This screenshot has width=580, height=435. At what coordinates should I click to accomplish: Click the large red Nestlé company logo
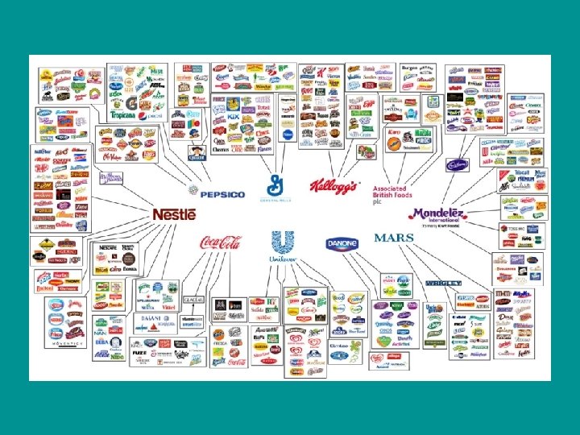(175, 214)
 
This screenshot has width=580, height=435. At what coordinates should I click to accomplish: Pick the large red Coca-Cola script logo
(220, 242)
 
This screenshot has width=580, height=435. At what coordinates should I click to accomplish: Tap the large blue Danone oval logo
(342, 243)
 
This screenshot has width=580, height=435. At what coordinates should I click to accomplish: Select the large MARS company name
(394, 238)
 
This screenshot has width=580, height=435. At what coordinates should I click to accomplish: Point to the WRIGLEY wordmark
(443, 284)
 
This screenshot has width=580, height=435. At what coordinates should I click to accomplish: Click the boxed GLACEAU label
(193, 300)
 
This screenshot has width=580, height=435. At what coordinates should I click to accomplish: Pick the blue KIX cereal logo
(234, 118)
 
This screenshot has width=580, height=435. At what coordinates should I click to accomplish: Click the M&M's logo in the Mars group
(502, 297)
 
